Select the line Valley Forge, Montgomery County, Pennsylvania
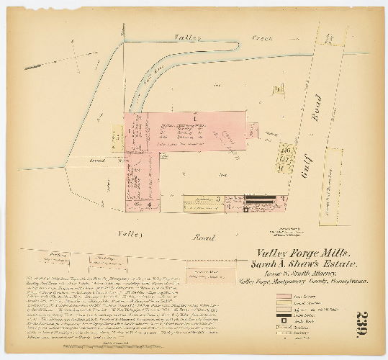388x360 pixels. click(x=306, y=284)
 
